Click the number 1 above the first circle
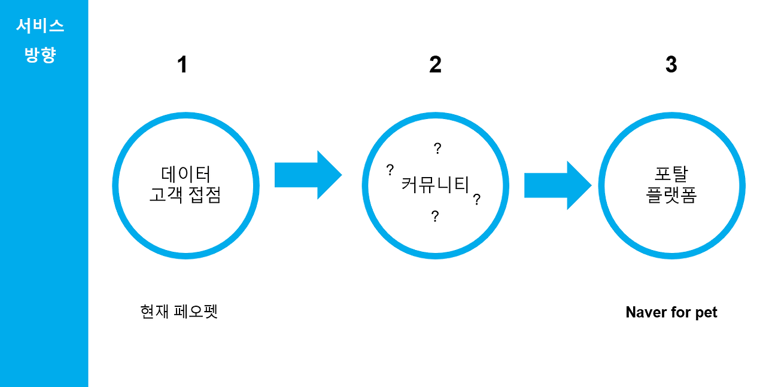pos(183,65)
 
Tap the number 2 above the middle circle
pos(435,65)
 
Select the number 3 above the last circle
pos(671,65)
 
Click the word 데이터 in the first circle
pos(186,174)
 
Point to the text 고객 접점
pos(185,195)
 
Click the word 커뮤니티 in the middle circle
pos(435,184)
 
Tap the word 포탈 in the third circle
pos(671,174)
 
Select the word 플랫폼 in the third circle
pos(671,195)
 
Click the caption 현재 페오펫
pos(178,312)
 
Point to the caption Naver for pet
pos(671,312)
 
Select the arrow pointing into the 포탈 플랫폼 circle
pos(557,185)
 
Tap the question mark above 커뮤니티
pos(437,148)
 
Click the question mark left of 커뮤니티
pos(390,169)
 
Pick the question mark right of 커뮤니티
pos(477,200)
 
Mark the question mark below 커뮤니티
pos(435,217)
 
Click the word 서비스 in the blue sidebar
pos(40,26)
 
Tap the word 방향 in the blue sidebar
pos(40,55)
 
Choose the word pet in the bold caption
pos(706,313)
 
